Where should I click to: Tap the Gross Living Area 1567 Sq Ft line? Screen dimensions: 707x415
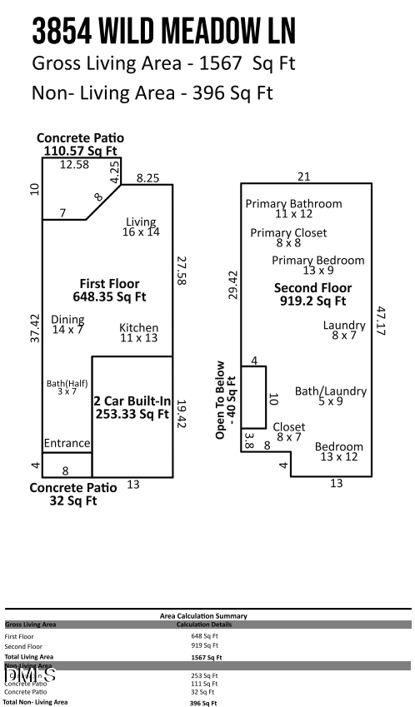pos(163,63)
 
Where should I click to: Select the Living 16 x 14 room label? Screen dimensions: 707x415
pos(142,227)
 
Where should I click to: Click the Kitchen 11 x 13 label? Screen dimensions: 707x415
pos(138,333)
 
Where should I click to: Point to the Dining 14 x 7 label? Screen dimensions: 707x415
pos(67,325)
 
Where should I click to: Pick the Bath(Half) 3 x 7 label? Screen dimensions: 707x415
pos(61,387)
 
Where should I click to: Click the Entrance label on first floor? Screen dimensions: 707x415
pos(67,442)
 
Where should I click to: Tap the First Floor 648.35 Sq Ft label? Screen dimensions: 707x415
pos(109,289)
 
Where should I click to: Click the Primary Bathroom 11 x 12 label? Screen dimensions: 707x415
pos(292,209)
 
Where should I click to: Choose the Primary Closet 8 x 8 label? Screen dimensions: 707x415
pos(288,238)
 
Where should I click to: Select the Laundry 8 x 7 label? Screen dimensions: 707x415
pos(344,330)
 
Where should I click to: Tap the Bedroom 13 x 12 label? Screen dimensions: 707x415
pos(339,451)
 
